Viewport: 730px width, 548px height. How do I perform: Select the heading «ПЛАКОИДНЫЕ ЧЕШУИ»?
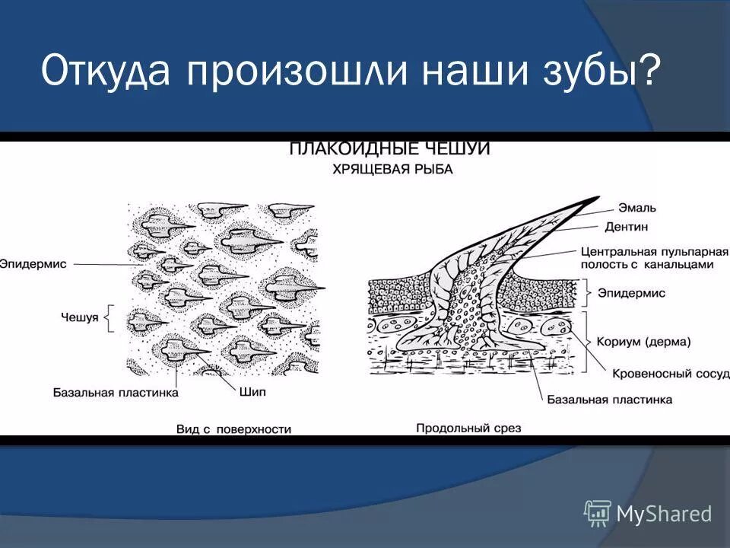pyautogui.click(x=389, y=149)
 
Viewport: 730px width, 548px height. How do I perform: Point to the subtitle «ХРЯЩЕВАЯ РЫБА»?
pyautogui.click(x=392, y=170)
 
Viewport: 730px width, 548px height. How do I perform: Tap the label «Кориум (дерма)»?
pyautogui.click(x=644, y=342)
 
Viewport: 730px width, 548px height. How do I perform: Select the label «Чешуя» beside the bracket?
pyautogui.click(x=80, y=317)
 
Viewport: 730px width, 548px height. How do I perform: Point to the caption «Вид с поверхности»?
pyautogui.click(x=233, y=429)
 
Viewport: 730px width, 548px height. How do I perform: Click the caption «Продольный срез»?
pyautogui.click(x=468, y=429)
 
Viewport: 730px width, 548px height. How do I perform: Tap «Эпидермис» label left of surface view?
pyautogui.click(x=33, y=264)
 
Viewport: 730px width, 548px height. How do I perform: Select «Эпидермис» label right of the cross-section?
pyautogui.click(x=631, y=292)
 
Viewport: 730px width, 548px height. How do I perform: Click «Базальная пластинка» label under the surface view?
pyautogui.click(x=116, y=393)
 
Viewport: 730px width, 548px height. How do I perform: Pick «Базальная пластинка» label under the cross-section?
pyautogui.click(x=609, y=399)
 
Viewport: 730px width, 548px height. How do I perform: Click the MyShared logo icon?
pyautogui.click(x=598, y=513)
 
